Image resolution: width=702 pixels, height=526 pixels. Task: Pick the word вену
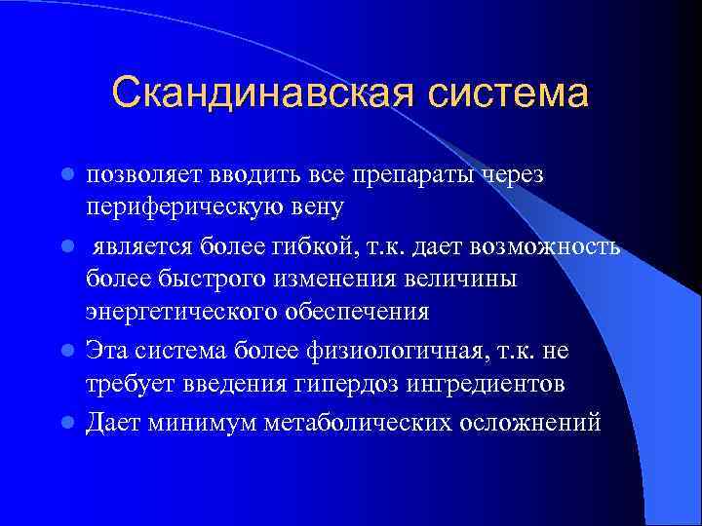(318, 209)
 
